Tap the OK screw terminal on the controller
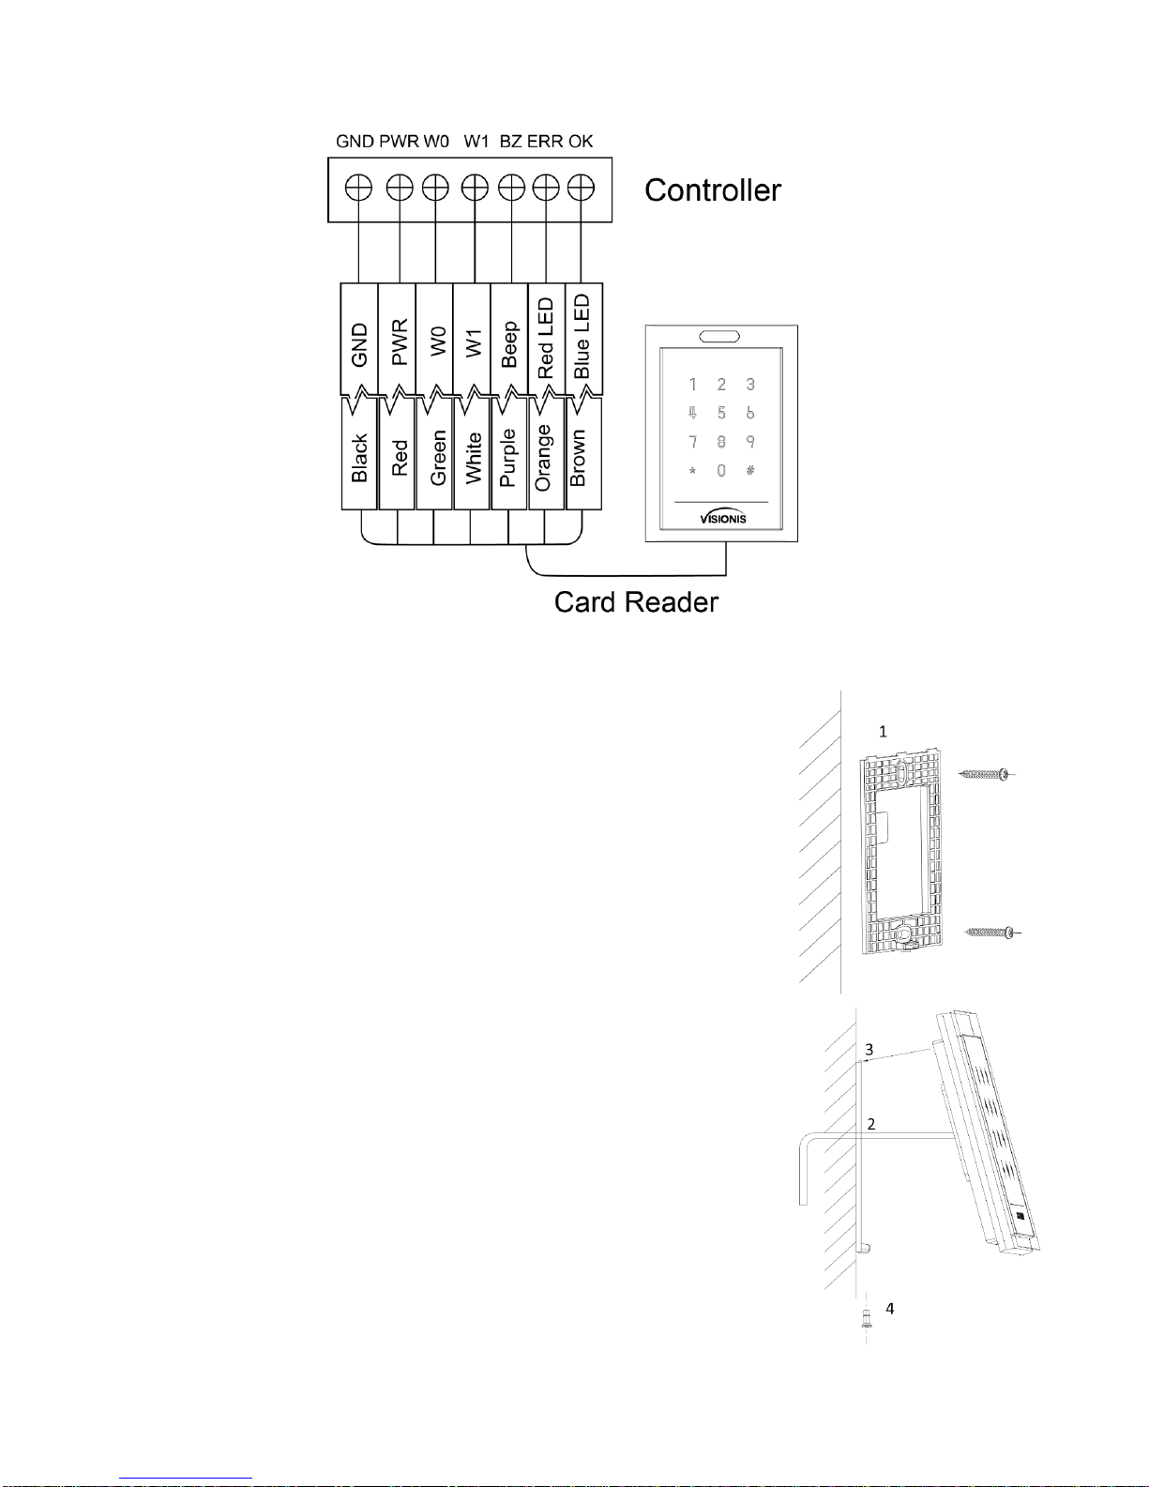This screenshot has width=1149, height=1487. [581, 189]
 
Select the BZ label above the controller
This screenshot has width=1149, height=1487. [510, 142]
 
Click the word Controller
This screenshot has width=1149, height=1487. [712, 190]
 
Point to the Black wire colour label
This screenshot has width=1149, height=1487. [359, 458]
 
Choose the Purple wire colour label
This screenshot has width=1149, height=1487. [508, 458]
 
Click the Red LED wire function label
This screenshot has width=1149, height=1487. [546, 339]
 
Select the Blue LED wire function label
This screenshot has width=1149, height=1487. [582, 337]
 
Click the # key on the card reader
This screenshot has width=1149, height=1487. [750, 470]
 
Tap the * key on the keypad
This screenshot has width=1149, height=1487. [692, 471]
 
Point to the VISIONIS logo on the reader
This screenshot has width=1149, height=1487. [722, 518]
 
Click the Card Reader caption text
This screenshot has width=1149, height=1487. [636, 602]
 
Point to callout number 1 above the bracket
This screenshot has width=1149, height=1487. [883, 732]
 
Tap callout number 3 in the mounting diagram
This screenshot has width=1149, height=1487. [869, 1050]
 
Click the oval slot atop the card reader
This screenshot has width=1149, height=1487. [719, 336]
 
